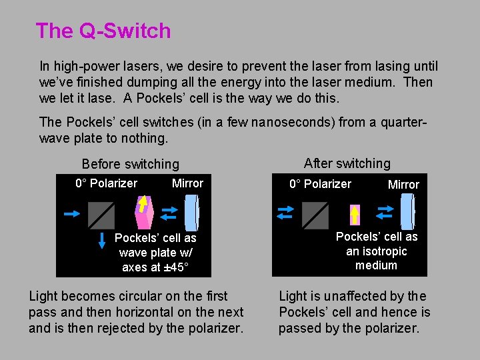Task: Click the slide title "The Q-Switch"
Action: (x=103, y=31)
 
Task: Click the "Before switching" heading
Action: (x=130, y=164)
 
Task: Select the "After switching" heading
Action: (x=347, y=163)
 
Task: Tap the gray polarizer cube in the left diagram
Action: (x=101, y=215)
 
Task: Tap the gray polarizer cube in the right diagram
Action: (x=315, y=215)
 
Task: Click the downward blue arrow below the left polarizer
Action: (x=102, y=241)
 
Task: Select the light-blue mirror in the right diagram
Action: (x=409, y=213)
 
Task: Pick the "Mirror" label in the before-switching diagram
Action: (x=187, y=183)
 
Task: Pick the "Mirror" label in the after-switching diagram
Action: (x=403, y=185)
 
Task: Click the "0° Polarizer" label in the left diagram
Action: (x=106, y=183)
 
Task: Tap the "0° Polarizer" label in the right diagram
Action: (x=320, y=184)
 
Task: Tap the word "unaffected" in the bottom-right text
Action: (x=361, y=296)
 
